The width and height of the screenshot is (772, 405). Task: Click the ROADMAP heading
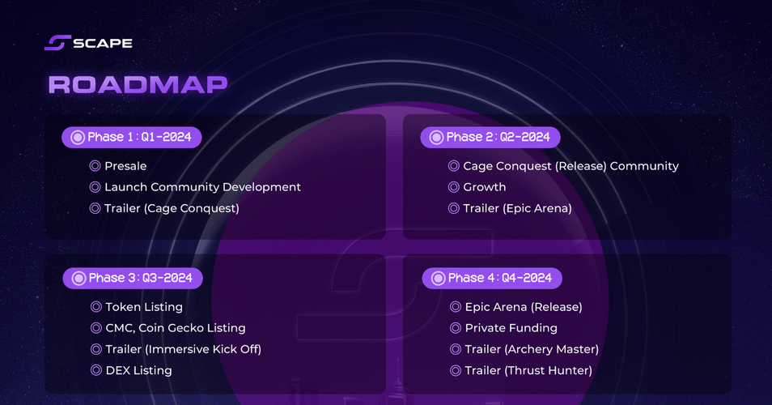click(x=138, y=84)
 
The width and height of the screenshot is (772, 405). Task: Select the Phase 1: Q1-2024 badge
click(x=131, y=137)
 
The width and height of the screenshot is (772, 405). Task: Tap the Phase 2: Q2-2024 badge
click(x=490, y=137)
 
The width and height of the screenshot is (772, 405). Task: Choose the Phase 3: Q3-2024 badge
click(x=133, y=279)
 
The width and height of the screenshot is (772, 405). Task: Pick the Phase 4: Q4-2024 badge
click(x=492, y=279)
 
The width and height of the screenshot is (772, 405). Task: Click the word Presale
click(x=125, y=166)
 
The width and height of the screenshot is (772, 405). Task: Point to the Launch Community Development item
click(x=202, y=187)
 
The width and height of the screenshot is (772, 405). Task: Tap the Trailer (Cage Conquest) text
click(x=172, y=208)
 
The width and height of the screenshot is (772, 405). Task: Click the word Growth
click(x=485, y=187)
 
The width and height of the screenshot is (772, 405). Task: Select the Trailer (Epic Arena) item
click(x=517, y=208)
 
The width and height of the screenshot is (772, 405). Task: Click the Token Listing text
click(x=144, y=307)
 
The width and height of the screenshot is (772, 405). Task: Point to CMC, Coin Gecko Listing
click(x=176, y=328)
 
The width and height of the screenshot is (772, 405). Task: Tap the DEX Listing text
click(x=139, y=370)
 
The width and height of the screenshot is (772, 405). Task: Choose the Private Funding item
click(x=511, y=328)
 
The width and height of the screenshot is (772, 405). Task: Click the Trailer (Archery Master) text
click(x=532, y=349)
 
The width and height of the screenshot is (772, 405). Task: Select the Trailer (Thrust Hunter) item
click(x=528, y=370)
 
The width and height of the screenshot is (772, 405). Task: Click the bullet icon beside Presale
click(x=95, y=166)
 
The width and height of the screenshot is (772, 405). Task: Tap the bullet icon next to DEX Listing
click(x=96, y=370)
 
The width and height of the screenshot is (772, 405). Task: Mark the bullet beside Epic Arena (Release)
click(x=456, y=307)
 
